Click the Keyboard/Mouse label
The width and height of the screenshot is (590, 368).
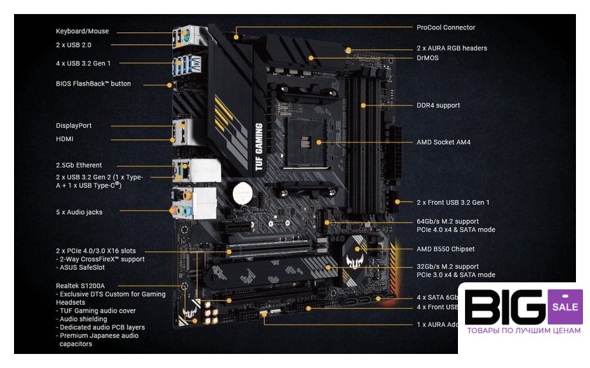coord(82,32)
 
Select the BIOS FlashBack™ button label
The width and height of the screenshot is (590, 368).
coord(93,84)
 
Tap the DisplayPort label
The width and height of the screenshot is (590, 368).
coord(74,126)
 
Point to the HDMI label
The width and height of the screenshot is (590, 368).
coord(65,139)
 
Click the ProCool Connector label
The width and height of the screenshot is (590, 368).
coord(445,28)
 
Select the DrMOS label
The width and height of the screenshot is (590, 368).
coord(428,58)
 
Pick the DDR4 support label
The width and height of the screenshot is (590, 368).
coord(438,105)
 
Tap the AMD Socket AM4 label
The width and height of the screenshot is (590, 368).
coord(443,143)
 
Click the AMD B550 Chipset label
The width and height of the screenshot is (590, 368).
coord(445,249)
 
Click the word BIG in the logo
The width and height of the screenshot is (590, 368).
coord(504,308)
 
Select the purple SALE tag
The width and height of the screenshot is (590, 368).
coord(565,307)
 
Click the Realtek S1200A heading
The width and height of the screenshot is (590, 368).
coord(80,286)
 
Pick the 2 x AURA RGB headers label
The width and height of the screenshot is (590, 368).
coord(452,48)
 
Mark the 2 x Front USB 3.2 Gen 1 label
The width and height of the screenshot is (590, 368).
coord(453,202)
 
